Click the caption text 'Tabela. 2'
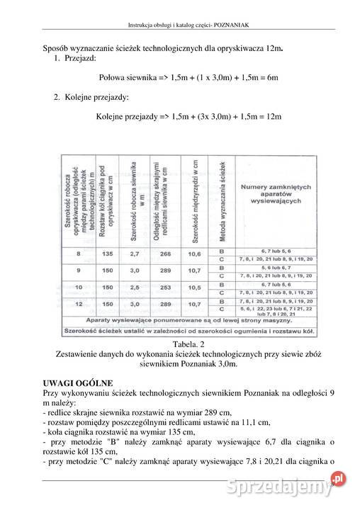point(179,344)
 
